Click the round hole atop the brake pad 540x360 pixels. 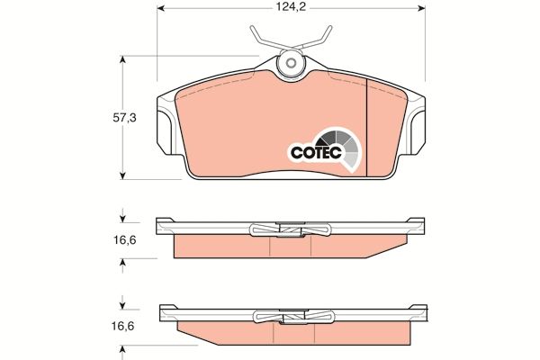pos(291,64)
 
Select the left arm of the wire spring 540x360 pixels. pos(262,39)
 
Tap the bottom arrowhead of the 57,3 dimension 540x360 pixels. pos(122,174)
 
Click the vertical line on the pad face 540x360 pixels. pos(369,126)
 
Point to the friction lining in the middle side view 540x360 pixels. pos(225,247)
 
